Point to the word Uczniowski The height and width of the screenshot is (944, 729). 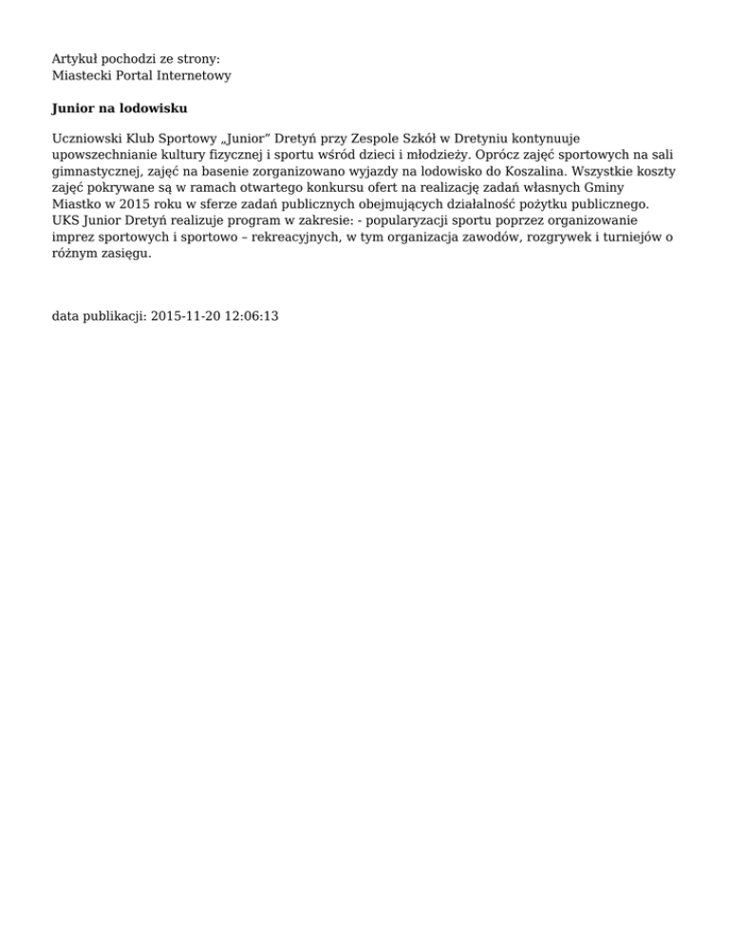click(85, 139)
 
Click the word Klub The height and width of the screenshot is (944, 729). click(140, 139)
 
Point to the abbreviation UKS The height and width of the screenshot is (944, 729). click(65, 219)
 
